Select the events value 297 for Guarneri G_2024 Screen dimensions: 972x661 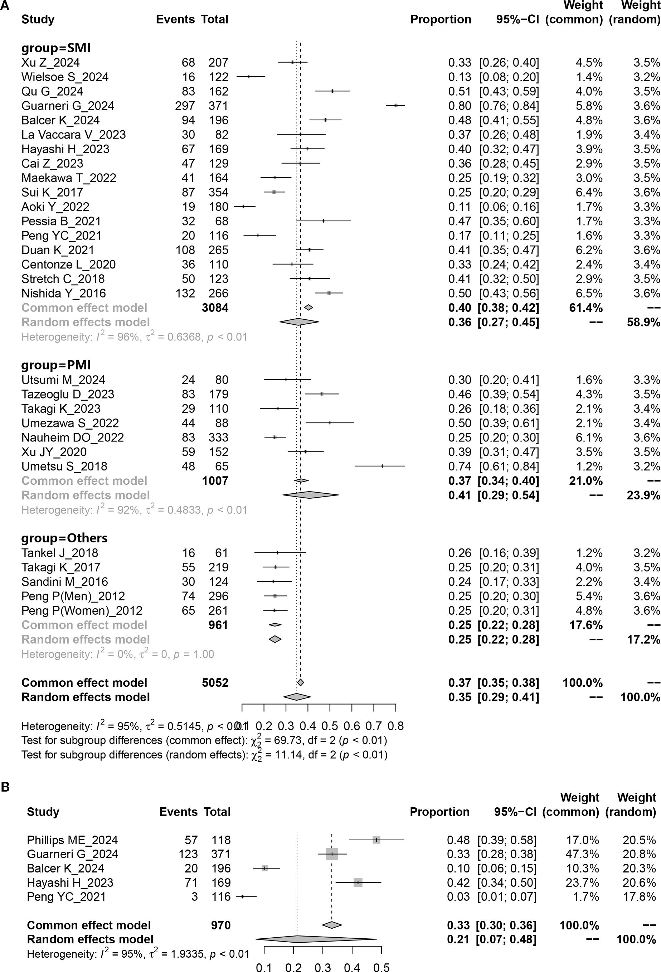pos(185,106)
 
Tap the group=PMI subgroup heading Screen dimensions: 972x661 pos(56,365)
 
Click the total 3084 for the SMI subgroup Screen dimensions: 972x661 pos(215,308)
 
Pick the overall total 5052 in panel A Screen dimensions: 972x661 pos(215,683)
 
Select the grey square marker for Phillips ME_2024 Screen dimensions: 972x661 pos(376,840)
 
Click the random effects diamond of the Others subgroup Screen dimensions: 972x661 pos(275,639)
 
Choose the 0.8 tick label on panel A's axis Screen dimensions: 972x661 pos(395,726)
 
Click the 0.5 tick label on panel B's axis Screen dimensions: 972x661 pos(381,967)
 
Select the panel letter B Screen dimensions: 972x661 pos(5,787)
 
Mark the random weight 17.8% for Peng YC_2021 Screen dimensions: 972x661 pos(639,897)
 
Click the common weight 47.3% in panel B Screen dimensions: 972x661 pos(582,854)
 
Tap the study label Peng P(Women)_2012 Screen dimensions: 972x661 pos(82,611)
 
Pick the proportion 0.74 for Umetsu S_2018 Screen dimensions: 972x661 pos(460,466)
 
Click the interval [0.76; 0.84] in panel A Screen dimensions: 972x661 pos(509,106)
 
